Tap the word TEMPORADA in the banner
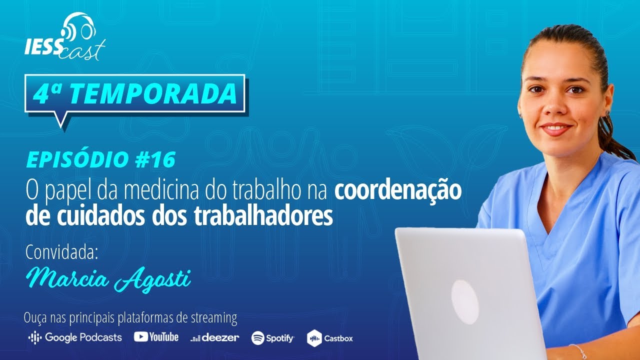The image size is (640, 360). [x=153, y=93]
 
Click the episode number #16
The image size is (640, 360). [x=155, y=159]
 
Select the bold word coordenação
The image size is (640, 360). [x=398, y=191]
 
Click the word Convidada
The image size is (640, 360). [x=61, y=252]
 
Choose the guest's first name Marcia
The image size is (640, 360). [x=67, y=277]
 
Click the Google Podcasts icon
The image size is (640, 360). [x=35, y=337]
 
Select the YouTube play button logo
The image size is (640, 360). [x=141, y=337]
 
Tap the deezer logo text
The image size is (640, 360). [x=220, y=337]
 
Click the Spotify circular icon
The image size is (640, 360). [x=257, y=338]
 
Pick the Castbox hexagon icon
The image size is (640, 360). [x=314, y=338]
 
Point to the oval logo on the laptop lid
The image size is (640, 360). [x=465, y=302]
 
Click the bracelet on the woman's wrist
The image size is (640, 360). [x=578, y=351]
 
